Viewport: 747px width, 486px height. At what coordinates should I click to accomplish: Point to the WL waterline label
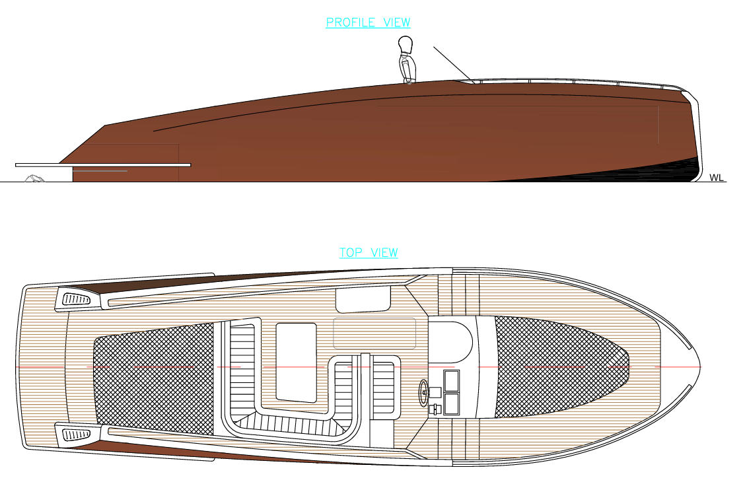[x=716, y=178]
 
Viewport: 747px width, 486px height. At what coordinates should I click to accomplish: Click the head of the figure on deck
[x=406, y=46]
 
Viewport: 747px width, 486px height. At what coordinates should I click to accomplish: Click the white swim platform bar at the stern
[x=102, y=164]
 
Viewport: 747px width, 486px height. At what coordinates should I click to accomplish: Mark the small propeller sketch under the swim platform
[x=34, y=178]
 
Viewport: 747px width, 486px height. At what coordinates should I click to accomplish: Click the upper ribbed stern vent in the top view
[x=77, y=300]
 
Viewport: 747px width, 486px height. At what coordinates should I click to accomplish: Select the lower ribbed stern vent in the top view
[x=77, y=434]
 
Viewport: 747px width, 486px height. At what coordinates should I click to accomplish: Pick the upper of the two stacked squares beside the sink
[x=450, y=381]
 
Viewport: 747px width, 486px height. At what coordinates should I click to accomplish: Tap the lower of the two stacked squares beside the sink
[x=450, y=403]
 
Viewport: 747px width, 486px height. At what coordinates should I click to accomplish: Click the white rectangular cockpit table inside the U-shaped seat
[x=296, y=361]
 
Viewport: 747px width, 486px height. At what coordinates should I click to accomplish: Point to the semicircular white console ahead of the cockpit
[x=451, y=339]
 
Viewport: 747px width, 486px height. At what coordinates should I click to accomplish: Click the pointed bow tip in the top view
[x=699, y=366]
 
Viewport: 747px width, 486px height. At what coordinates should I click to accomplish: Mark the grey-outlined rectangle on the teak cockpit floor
[x=374, y=333]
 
